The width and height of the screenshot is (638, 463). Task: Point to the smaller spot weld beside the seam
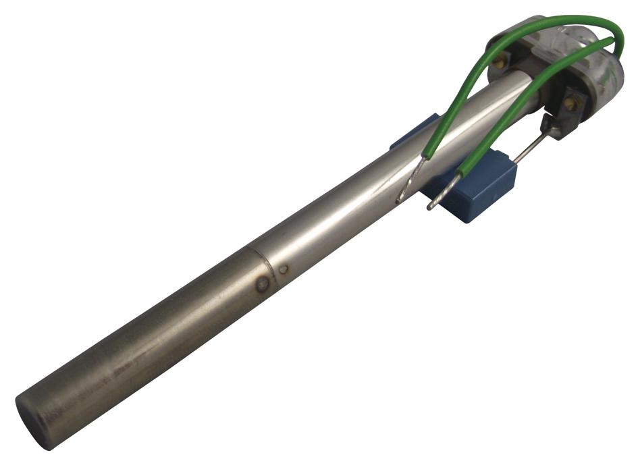pyautogui.click(x=284, y=269)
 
